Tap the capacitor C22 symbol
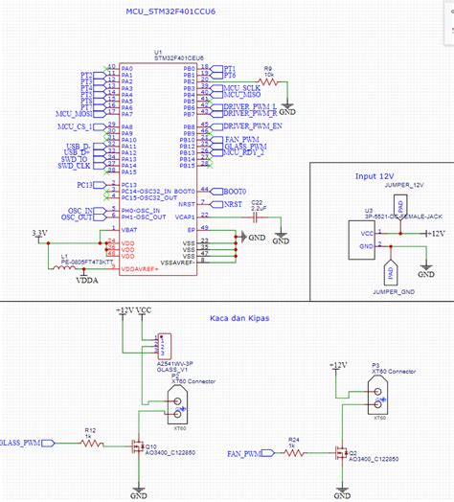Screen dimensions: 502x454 pos(256,217)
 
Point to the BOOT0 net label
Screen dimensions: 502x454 pos(235,191)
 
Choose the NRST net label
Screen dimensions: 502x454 pos(233,204)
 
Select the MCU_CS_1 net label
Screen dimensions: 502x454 pos(76,125)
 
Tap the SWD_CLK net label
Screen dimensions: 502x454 pos(74,165)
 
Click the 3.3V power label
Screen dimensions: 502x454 pos(39,233)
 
